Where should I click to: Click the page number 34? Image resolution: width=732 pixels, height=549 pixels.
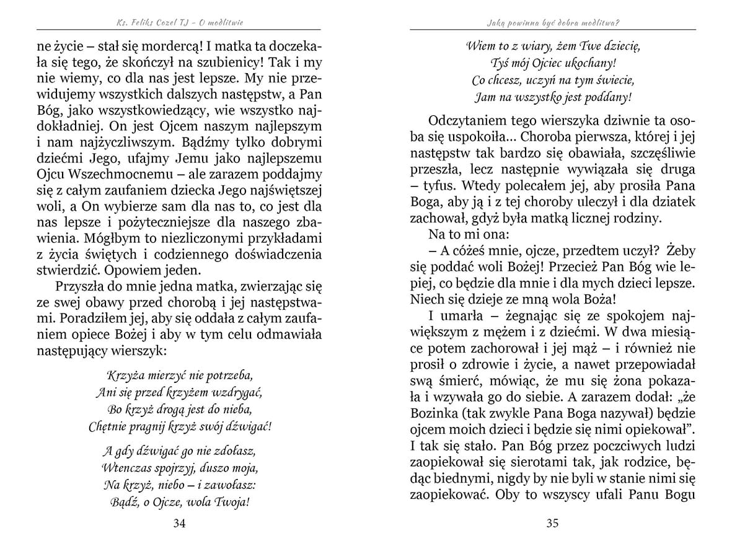coord(180,524)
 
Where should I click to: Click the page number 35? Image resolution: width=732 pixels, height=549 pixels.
coord(552,524)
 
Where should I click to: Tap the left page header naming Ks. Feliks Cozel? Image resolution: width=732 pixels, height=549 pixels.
coord(180,23)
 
